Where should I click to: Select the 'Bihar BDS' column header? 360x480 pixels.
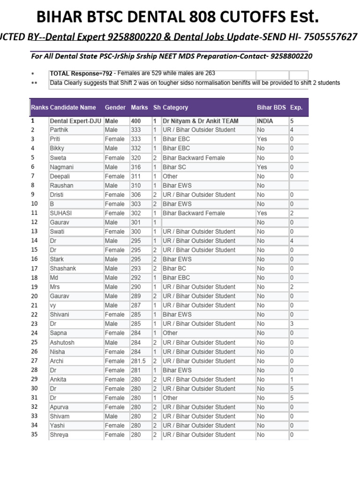271,107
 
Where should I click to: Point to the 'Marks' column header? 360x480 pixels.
139,107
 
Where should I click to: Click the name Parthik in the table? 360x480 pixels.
59,130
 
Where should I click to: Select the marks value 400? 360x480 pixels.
136,121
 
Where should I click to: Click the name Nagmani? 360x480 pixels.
61,167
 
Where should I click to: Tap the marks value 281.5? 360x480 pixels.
139,361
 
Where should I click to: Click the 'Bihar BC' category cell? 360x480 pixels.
174,269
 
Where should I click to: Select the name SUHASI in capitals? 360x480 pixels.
60,213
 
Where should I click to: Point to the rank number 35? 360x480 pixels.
34,435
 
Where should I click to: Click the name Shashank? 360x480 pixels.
63,269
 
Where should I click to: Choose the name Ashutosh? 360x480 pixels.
62,343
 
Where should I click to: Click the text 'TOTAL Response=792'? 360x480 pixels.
81,74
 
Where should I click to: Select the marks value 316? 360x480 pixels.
136,167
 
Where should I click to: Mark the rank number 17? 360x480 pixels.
34,269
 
